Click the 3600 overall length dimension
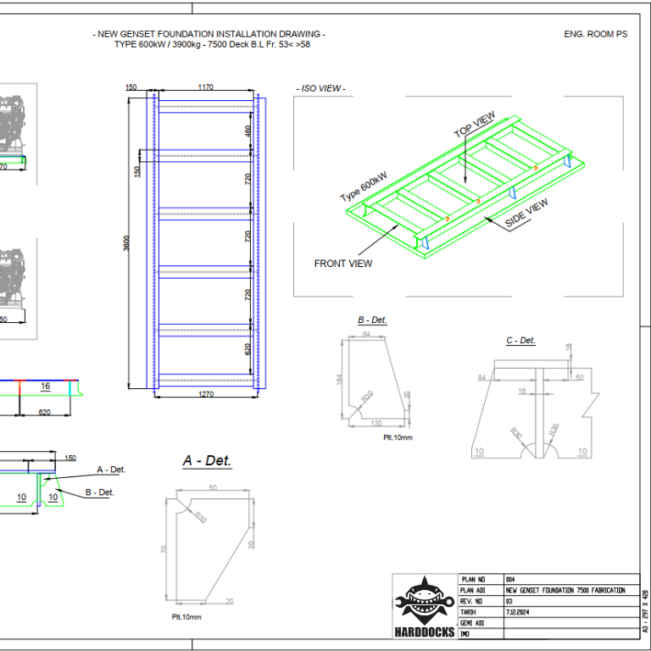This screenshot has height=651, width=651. click(126, 242)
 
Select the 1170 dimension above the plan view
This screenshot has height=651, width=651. click(205, 87)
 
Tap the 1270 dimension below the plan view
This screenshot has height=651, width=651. click(206, 394)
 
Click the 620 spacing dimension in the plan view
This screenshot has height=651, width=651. click(248, 348)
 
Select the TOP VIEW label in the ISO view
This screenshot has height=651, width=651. click(474, 125)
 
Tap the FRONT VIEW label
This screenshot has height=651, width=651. click(342, 264)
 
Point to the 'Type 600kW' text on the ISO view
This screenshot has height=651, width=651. click(364, 186)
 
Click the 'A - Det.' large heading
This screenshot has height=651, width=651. click(207, 461)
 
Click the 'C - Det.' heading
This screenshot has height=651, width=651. click(520, 341)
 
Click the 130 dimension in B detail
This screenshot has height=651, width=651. click(376, 423)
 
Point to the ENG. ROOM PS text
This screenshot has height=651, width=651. click(596, 34)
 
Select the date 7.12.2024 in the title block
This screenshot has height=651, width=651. click(518, 611)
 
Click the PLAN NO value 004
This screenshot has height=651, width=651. click(509, 580)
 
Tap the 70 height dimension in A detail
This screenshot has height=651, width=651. click(164, 548)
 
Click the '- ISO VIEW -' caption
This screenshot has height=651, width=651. click(321, 88)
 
